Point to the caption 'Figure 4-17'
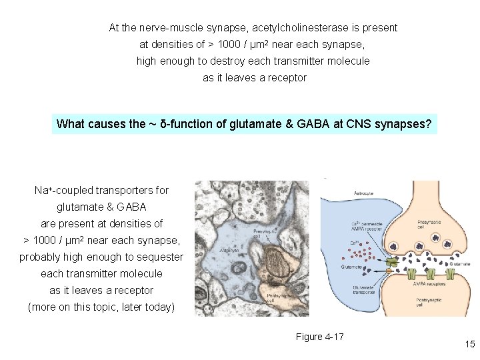[x=319, y=337]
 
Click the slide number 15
[x=470, y=344]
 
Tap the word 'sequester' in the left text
[x=159, y=257]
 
